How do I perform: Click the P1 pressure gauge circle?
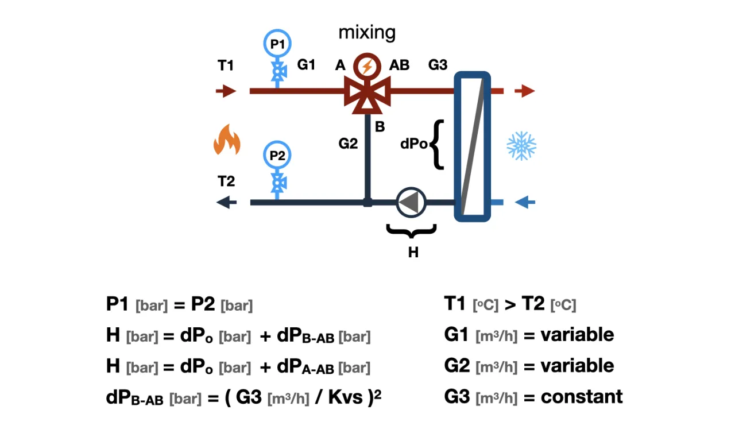pos(278,43)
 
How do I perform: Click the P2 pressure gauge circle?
pos(278,156)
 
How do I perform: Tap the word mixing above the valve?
pos(367,32)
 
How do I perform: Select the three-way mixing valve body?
pos(367,92)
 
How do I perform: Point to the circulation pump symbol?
pos(409,202)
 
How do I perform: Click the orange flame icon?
pos(227,140)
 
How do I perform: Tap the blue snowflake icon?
pos(521,146)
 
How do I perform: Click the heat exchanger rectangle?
pos(473,146)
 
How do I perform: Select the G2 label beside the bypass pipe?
pos(348,143)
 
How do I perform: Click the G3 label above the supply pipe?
pos(438,65)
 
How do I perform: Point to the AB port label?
pos(399,65)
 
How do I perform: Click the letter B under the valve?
pos(380,127)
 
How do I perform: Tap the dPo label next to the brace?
pos(413,144)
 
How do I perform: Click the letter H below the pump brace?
pos(413,252)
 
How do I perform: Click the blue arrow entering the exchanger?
pos(525,202)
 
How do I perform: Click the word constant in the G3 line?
pos(582,396)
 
